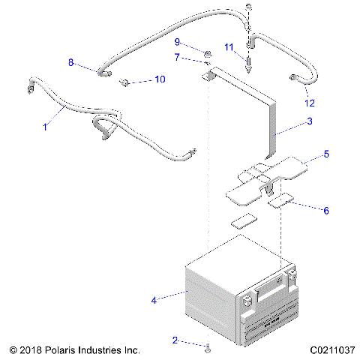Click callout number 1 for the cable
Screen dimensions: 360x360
point(44,127)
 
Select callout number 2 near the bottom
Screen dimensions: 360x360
point(175,340)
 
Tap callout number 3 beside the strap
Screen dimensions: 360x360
point(309,121)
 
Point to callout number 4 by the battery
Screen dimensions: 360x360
point(154,300)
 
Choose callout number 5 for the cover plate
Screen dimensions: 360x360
point(326,154)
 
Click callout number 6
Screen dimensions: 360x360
point(325,211)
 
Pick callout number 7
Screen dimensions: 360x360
point(177,57)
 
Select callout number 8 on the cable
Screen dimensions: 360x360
point(71,62)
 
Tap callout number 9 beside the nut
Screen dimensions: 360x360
point(177,41)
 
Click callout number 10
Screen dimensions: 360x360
point(159,79)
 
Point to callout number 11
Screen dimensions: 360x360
point(229,48)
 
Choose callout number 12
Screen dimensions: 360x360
point(309,102)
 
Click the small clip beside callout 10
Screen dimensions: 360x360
point(127,80)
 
